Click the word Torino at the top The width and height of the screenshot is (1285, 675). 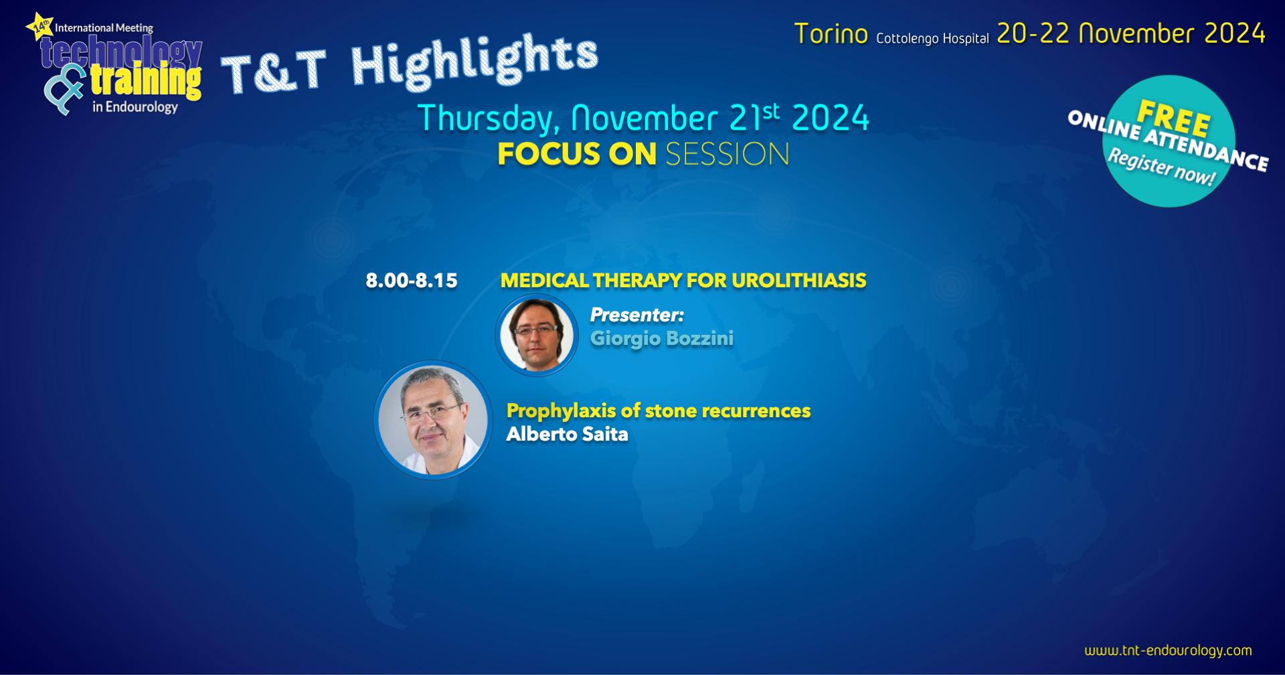tap(831, 34)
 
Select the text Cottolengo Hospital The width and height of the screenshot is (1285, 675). tap(932, 39)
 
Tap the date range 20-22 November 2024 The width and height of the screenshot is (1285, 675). tap(1131, 33)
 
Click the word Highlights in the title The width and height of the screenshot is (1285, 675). tap(475, 62)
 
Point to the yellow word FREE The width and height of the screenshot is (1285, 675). tap(1174, 117)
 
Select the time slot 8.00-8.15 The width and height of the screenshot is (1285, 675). tap(412, 281)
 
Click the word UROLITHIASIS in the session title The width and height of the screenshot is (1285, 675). tap(799, 281)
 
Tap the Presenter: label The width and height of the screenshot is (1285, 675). tap(637, 315)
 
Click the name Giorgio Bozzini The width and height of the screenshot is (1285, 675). tap(662, 339)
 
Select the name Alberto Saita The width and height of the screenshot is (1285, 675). tap(567, 434)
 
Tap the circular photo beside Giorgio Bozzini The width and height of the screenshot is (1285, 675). tap(537, 335)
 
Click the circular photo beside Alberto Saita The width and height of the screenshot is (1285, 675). tap(433, 420)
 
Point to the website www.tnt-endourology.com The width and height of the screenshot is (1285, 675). tap(1168, 650)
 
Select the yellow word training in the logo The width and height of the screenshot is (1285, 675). tap(146, 82)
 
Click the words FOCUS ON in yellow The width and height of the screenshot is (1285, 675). tap(577, 154)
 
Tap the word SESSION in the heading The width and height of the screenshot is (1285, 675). tap(727, 154)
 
